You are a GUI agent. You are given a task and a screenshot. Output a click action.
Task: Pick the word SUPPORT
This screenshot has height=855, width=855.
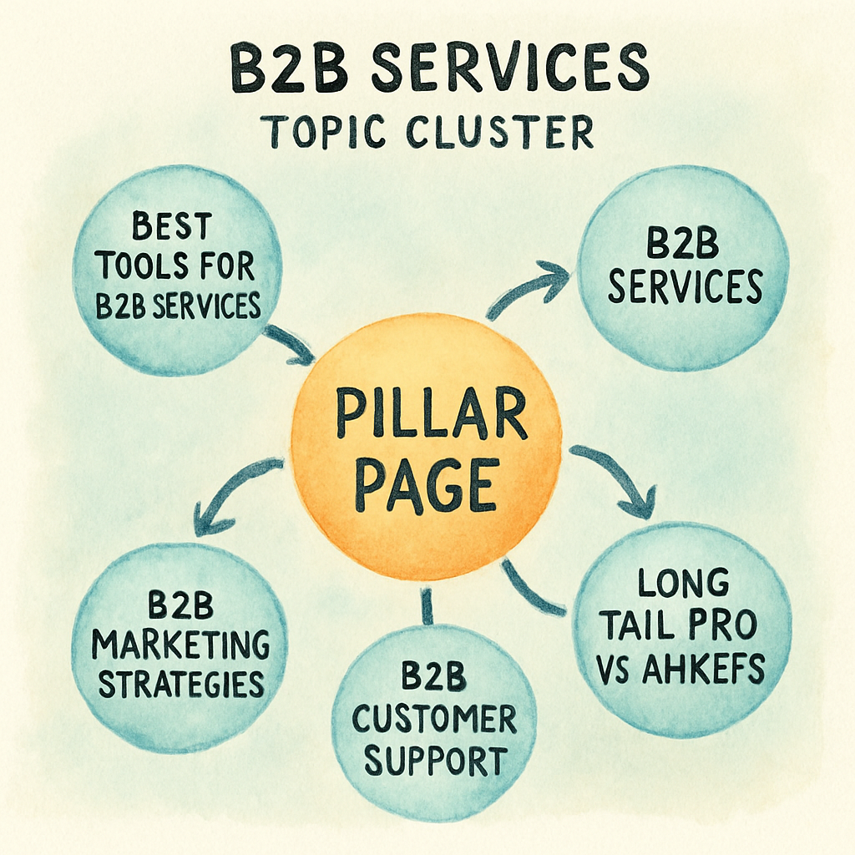point(433,761)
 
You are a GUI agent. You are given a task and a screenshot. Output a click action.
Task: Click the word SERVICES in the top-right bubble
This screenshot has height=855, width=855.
point(685,287)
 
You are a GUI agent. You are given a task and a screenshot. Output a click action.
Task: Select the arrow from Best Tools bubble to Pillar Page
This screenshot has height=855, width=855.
point(289,345)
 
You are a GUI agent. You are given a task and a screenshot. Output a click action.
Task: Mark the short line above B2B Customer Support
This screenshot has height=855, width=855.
point(427,605)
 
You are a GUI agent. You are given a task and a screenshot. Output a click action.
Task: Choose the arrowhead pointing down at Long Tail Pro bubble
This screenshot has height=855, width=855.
point(640,504)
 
